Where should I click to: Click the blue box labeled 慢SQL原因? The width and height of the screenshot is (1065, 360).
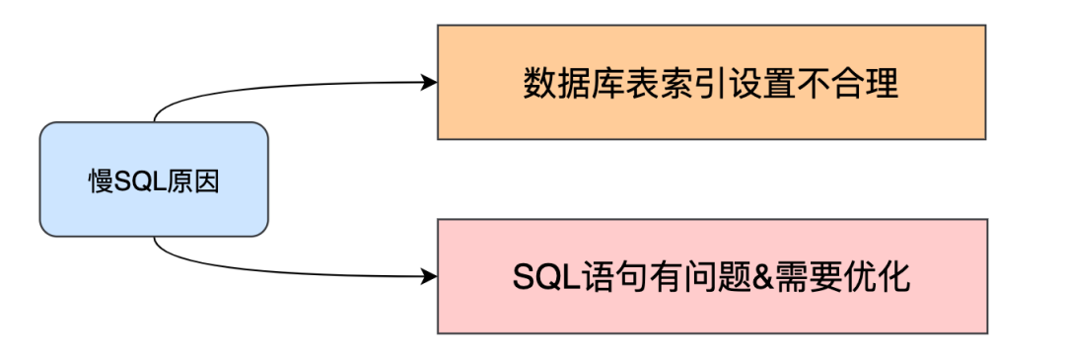(153, 179)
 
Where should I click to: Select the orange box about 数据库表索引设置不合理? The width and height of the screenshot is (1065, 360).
(711, 82)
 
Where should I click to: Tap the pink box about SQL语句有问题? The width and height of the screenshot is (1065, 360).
(711, 275)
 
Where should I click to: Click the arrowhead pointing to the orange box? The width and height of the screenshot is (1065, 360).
(429, 82)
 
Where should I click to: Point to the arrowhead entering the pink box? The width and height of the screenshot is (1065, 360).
(429, 275)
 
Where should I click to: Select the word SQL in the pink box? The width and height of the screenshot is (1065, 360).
(540, 277)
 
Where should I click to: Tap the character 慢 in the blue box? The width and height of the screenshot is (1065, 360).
(101, 181)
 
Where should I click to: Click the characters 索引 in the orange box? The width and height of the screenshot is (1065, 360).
(677, 83)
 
